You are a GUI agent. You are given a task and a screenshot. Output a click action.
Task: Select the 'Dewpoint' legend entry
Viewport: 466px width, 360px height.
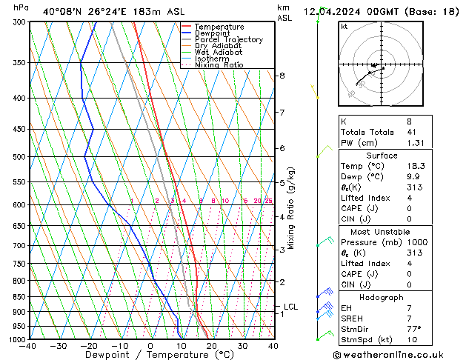click(213, 33)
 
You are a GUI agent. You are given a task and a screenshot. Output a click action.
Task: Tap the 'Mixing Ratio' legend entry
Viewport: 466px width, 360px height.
click(219, 65)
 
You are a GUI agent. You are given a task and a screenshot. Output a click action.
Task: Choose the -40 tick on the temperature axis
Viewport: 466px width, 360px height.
click(29, 346)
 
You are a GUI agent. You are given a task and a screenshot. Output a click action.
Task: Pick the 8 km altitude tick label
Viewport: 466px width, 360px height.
click(282, 76)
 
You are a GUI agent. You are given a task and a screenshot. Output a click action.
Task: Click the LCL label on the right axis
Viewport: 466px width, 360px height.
click(291, 307)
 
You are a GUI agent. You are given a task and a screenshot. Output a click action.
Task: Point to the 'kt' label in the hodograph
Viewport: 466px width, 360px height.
click(344, 26)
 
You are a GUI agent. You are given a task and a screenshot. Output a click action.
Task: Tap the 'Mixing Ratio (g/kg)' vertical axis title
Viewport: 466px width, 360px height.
click(292, 208)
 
